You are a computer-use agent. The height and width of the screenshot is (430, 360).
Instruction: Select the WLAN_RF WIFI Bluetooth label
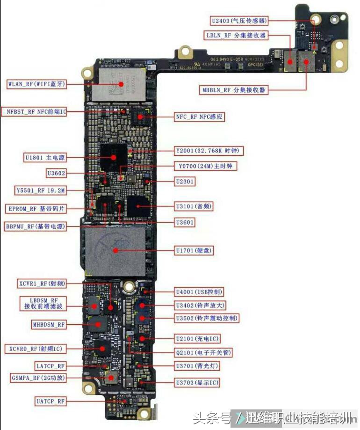tap(36, 84)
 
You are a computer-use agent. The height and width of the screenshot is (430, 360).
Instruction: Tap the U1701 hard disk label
tap(194, 251)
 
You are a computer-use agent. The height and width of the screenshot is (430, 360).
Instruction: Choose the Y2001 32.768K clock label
tap(209, 151)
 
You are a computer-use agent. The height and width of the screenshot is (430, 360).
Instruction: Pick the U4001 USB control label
tap(199, 292)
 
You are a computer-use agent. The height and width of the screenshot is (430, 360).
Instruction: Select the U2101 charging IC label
tap(197, 338)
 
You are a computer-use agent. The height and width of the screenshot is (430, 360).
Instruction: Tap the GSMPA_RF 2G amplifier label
tap(38, 378)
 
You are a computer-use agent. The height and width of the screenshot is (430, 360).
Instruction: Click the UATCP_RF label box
tap(50, 401)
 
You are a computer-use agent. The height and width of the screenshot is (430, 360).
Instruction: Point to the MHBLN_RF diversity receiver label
tap(234, 90)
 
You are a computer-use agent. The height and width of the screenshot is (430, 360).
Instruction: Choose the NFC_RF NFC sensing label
tap(199, 117)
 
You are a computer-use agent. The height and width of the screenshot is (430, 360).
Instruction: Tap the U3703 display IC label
tap(197, 383)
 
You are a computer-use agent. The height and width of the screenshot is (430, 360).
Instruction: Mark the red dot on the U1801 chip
tap(114, 158)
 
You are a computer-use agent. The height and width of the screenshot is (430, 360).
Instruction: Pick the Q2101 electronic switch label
tap(204, 352)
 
